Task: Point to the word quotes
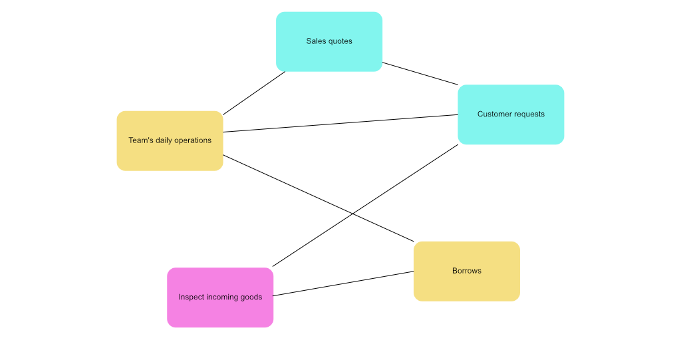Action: tap(339, 42)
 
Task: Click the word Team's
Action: tap(140, 140)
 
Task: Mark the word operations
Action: tap(193, 141)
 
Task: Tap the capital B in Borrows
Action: tap(455, 271)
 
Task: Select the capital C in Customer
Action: tap(480, 114)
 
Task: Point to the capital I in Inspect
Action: tap(180, 297)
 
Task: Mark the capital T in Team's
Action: tap(131, 140)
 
